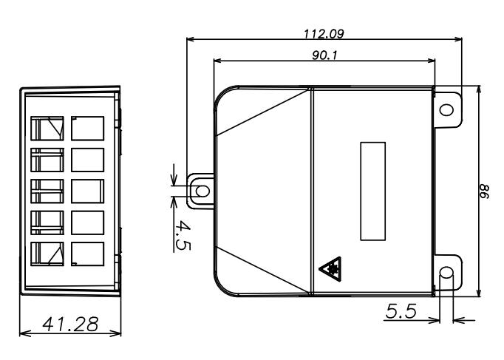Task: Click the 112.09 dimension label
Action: click(324, 34)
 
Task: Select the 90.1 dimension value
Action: click(324, 55)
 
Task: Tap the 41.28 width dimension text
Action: click(70, 324)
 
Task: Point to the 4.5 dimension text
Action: click(183, 235)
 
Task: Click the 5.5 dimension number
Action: click(401, 310)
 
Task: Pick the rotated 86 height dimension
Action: click(484, 191)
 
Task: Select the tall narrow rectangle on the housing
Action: click(373, 191)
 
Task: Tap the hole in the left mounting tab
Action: click(202, 191)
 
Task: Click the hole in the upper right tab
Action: click(446, 110)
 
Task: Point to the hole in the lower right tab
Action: click(446, 273)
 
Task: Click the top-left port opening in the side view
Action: click(47, 128)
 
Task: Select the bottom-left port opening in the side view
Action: click(47, 254)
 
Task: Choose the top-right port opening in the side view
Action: click(87, 128)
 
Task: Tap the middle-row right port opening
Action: click(87, 191)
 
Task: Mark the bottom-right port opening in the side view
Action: click(87, 254)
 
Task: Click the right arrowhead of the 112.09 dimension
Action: click(457, 39)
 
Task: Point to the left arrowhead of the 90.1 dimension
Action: click(219, 61)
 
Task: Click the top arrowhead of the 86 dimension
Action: click(479, 91)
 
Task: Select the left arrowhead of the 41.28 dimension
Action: click(25, 333)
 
